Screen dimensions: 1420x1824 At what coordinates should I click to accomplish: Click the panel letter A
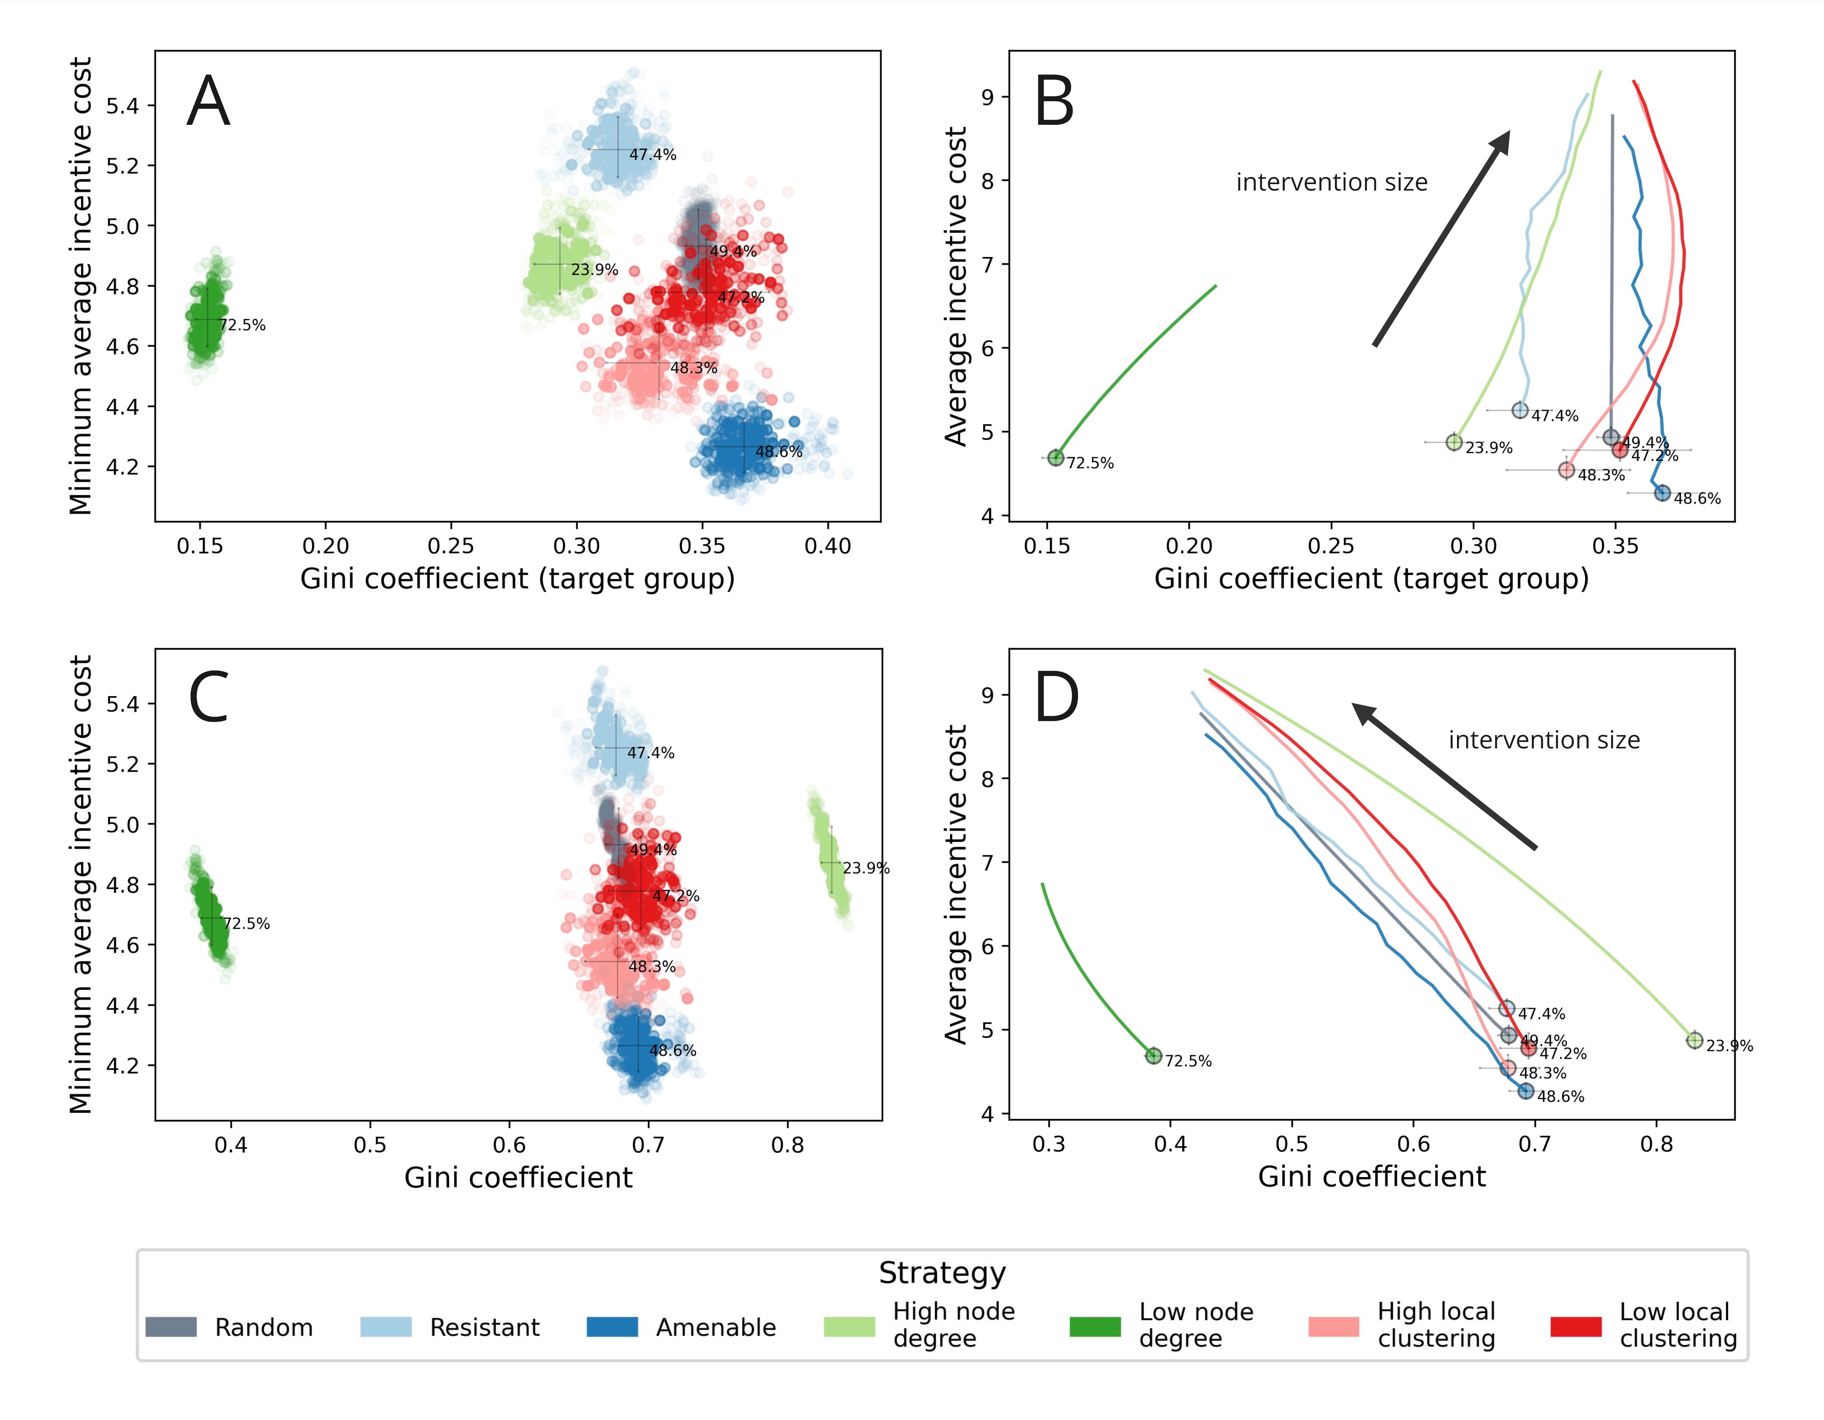208,102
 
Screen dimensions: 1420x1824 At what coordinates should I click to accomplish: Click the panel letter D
1056,698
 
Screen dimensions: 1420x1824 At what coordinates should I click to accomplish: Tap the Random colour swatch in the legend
171,1326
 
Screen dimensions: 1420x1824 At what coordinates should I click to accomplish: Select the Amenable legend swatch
612,1326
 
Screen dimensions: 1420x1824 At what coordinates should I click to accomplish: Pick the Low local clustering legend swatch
1576,1326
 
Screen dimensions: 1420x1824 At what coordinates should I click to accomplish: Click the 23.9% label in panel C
866,868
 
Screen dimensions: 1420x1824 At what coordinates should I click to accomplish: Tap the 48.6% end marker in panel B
1662,493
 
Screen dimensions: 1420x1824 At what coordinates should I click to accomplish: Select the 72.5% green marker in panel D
1153,1056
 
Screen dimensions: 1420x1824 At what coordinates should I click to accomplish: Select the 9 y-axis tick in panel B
988,97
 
